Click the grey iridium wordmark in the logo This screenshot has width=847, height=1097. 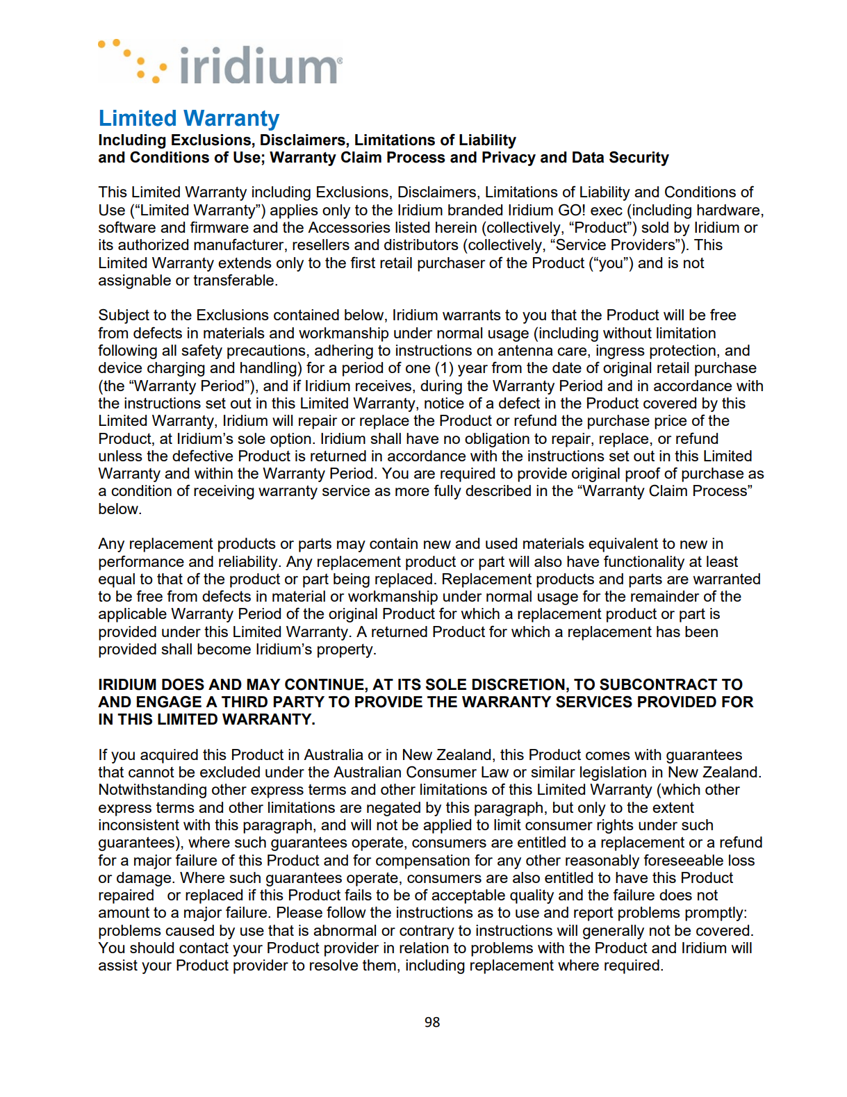click(x=260, y=66)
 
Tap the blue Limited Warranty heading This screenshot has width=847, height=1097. click(x=188, y=119)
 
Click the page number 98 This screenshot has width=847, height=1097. click(x=432, y=1022)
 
